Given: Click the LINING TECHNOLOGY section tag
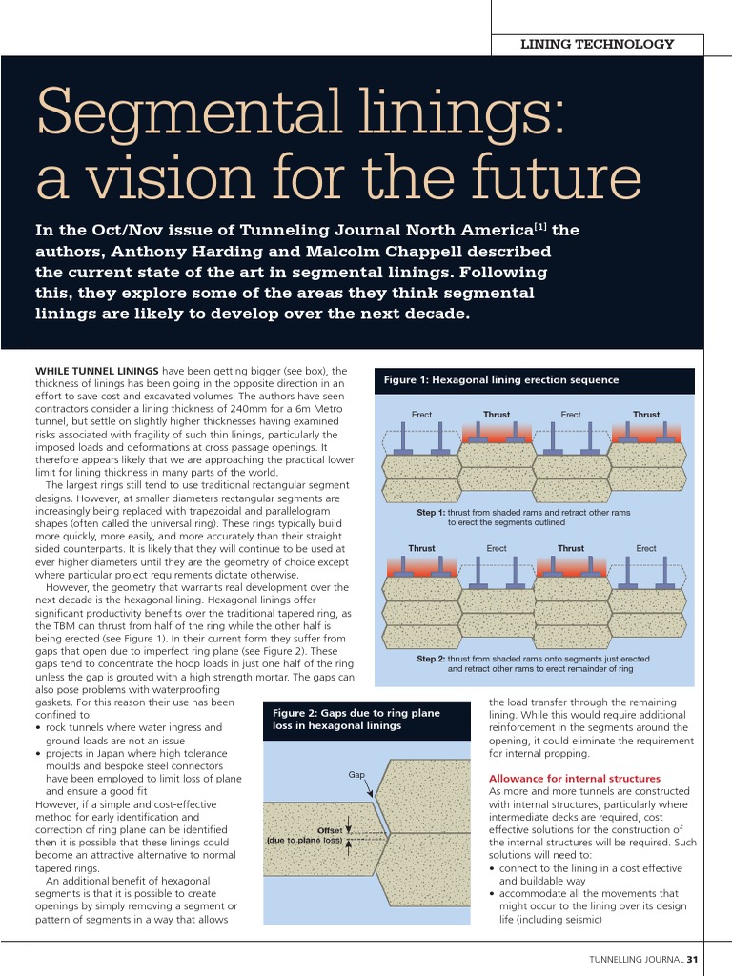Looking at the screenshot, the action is pos(597,44).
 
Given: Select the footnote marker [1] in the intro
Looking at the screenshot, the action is pos(539,226).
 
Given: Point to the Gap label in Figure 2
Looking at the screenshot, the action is pos(356,775).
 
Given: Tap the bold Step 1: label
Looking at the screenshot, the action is pos(431,513).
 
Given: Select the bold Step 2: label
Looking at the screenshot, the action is pos(431,659).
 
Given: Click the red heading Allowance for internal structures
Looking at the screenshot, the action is pos(574,779).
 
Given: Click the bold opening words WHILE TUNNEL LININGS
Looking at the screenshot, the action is pos(96,370).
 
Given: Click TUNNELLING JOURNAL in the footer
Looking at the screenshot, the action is pos(635,959).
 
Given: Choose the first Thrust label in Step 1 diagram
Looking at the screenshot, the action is pos(497,415).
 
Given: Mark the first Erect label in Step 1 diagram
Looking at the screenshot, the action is pos(422,415).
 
